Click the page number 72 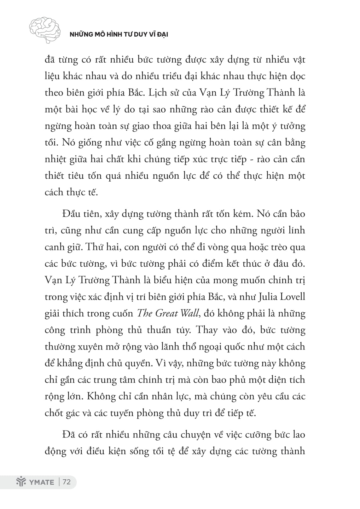(67, 482)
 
